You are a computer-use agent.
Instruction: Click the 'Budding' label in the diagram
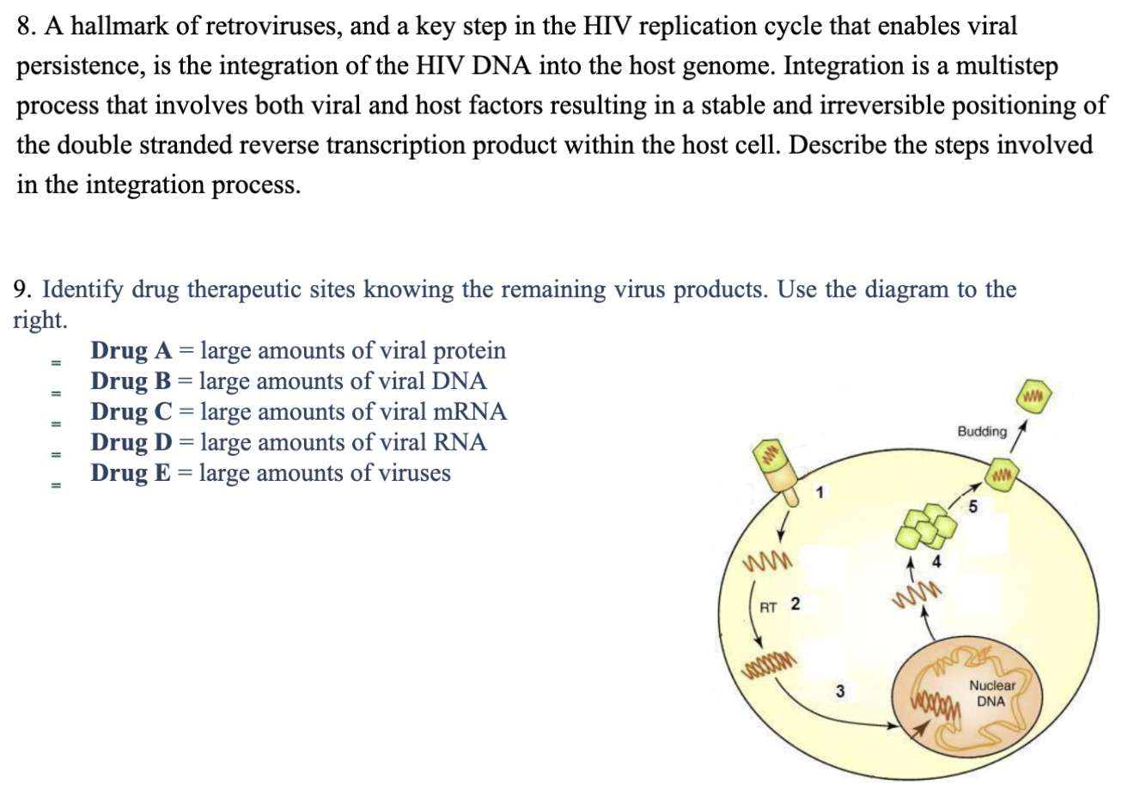pos(982,431)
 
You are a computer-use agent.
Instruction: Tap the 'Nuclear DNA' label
pos(991,693)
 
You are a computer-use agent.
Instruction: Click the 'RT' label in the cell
pos(768,607)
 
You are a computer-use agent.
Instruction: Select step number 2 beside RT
pos(795,605)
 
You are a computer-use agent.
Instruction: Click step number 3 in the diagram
pos(840,690)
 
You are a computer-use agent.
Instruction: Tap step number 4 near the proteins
pos(936,562)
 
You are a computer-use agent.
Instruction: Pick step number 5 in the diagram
pos(972,507)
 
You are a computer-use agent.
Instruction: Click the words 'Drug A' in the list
pos(132,350)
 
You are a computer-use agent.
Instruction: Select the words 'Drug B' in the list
pos(131,381)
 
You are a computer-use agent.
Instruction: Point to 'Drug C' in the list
pos(131,412)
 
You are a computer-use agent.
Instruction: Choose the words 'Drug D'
pos(132,442)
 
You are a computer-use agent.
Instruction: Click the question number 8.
pos(26,27)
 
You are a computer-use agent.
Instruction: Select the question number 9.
pos(23,289)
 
